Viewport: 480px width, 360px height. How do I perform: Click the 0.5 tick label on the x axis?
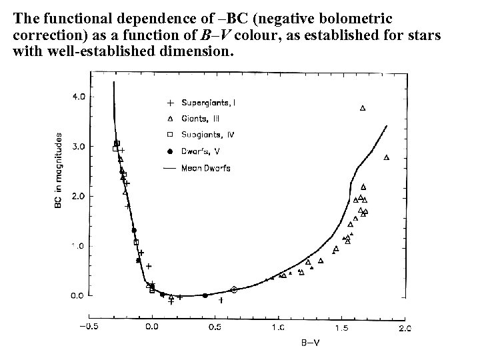click(215, 327)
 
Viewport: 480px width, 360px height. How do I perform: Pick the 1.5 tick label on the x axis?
click(342, 327)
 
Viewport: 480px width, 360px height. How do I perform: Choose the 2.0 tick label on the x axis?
click(404, 327)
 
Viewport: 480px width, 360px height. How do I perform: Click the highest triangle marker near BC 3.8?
click(363, 108)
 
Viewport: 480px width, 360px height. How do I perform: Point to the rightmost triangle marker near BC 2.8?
click(387, 157)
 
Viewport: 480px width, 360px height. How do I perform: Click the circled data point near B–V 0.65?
click(233, 289)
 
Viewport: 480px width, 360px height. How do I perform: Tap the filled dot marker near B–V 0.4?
click(205, 295)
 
